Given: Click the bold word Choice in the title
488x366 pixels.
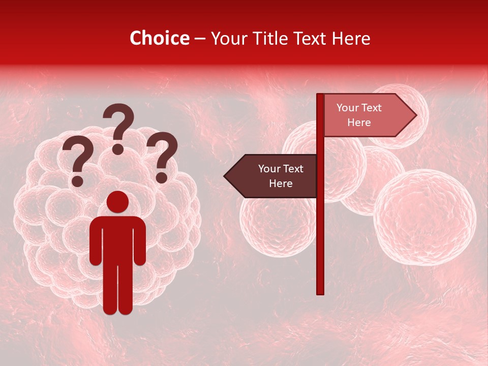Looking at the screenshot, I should click(160, 38).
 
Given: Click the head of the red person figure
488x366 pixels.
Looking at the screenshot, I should click(117, 202).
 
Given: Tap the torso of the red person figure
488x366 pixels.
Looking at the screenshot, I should click(117, 239).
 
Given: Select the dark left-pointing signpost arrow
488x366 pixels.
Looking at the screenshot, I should click(272, 176).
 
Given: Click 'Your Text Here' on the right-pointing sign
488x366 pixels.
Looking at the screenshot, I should click(359, 115).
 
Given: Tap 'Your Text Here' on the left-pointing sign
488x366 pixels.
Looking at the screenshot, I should click(281, 176).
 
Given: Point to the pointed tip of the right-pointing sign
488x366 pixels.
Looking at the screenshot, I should click(415, 115).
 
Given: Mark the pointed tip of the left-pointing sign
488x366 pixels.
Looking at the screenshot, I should click(225, 176).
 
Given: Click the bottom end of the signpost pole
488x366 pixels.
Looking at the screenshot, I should click(320, 291).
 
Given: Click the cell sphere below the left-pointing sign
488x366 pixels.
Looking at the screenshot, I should click(274, 224).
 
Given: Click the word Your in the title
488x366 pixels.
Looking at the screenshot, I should click(227, 38).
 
